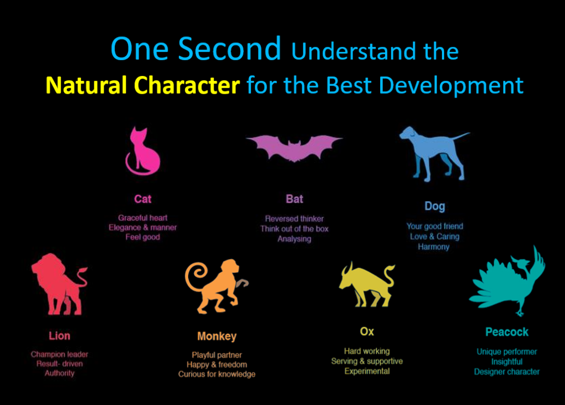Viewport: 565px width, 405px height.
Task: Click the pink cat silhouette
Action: pyautogui.click(x=144, y=155)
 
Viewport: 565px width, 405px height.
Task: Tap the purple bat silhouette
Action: pyautogui.click(x=294, y=148)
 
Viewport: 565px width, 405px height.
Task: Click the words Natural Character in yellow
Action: pyautogui.click(x=143, y=85)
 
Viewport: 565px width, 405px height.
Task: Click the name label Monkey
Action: pyautogui.click(x=217, y=336)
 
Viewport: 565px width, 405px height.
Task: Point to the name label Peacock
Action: pyautogui.click(x=507, y=332)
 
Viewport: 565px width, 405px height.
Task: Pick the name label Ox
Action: pyautogui.click(x=367, y=332)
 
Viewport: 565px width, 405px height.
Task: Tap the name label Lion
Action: pyautogui.click(x=60, y=336)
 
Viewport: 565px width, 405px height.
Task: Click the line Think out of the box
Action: pyautogui.click(x=295, y=229)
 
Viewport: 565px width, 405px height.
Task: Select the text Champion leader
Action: pyautogui.click(x=60, y=354)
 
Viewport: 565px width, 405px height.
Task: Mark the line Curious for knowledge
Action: pyautogui.click(x=217, y=374)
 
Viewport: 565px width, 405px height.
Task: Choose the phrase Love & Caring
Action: pyautogui.click(x=435, y=236)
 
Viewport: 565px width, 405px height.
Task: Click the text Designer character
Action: pyautogui.click(x=507, y=371)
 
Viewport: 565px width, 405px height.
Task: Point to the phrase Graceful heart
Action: pyautogui.click(x=143, y=218)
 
